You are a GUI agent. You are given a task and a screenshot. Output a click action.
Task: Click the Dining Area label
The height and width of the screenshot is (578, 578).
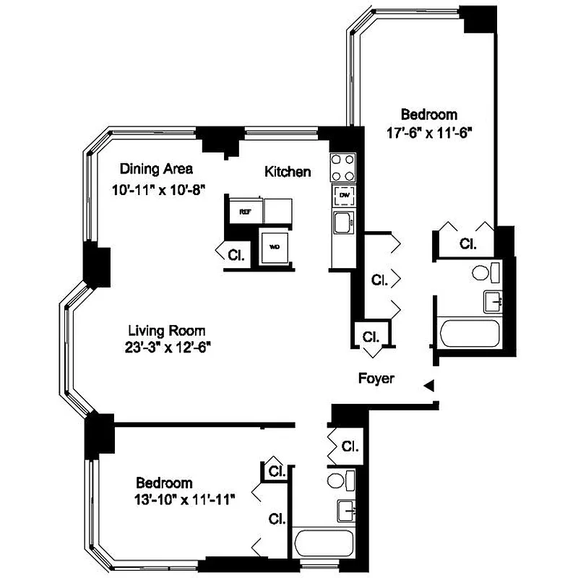156,169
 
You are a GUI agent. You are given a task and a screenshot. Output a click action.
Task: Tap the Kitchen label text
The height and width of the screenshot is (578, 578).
288,171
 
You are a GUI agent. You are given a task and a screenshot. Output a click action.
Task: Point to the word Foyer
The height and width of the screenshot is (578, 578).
376,379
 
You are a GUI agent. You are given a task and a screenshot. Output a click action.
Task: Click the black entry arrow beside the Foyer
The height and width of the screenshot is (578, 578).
428,387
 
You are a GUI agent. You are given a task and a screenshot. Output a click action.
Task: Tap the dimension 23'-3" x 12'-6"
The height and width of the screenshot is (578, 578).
167,346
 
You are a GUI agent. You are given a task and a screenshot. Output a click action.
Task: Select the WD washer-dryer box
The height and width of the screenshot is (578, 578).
275,246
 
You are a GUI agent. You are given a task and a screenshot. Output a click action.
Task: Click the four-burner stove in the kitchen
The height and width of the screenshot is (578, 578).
342,168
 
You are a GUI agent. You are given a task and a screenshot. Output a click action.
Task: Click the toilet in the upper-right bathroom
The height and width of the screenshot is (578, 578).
485,272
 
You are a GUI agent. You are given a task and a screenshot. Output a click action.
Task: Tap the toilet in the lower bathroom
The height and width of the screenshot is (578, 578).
340,480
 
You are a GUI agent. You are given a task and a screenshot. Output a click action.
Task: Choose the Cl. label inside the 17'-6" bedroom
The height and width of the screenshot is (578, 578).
468,244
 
